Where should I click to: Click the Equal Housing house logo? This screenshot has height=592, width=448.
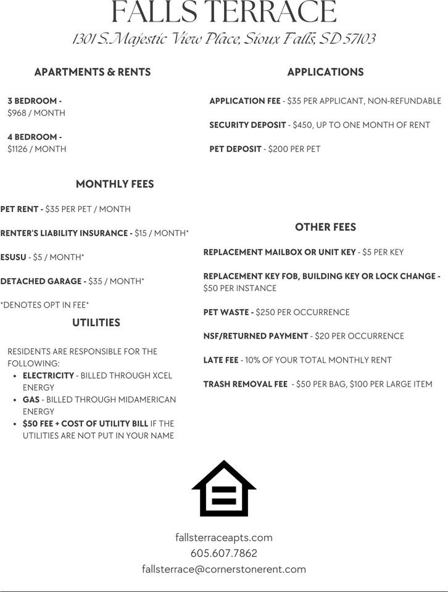coord(223,488)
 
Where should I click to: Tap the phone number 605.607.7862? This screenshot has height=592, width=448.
coord(223,553)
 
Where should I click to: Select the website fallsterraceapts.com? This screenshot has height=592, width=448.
coord(223,538)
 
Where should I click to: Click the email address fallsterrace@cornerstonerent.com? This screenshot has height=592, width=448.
coord(223,569)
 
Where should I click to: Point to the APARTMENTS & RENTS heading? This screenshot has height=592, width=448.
coord(92,72)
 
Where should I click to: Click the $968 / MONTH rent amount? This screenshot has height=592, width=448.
coord(36,113)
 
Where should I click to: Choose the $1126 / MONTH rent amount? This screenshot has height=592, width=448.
coord(36,149)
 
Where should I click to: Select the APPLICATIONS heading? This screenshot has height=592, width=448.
coord(325,72)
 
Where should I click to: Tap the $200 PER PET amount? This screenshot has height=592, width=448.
coord(294,149)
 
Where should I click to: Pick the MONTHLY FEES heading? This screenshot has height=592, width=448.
coord(115,184)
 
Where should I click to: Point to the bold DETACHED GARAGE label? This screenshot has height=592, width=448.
coord(43,281)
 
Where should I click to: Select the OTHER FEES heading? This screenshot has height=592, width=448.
coord(325,227)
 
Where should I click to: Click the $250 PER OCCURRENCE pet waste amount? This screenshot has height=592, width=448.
coord(302,312)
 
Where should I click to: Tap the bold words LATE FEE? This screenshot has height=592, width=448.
coord(220,360)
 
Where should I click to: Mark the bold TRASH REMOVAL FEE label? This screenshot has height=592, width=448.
coord(245,384)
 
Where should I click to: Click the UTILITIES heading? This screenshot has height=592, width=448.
coord(96,323)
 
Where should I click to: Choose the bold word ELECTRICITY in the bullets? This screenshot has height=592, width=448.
coord(48,376)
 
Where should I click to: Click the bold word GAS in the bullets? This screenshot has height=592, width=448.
coord(31,400)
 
